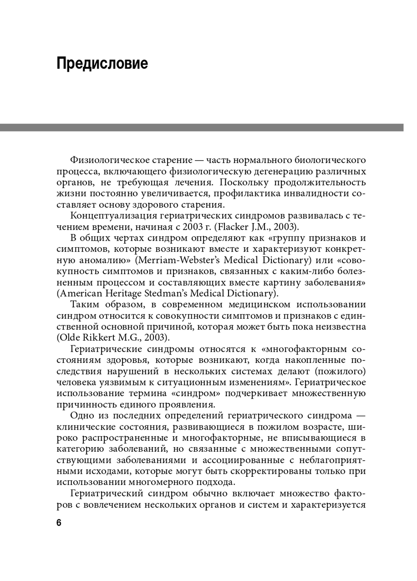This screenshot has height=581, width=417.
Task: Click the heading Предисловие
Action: [102, 64]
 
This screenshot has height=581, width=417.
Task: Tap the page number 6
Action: [59, 523]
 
